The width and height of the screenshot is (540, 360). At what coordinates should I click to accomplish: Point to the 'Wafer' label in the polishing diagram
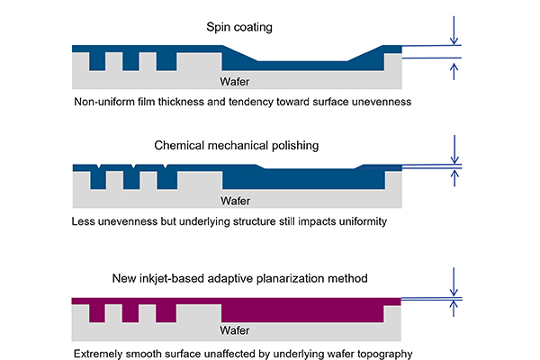point(236,200)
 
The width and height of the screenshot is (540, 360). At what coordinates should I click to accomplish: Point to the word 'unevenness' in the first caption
point(379,103)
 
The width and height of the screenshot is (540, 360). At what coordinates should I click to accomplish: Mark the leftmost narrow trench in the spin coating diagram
point(97,61)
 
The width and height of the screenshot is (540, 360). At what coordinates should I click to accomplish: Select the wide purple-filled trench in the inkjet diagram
point(301,312)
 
